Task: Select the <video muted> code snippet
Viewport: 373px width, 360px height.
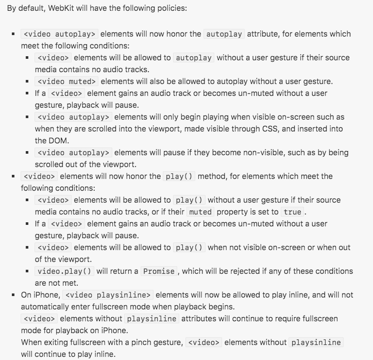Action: [x=66, y=81]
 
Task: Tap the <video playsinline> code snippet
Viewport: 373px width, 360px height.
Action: [x=108, y=295]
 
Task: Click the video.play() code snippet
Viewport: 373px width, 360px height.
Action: [x=64, y=271]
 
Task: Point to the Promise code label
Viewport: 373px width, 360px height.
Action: [x=159, y=271]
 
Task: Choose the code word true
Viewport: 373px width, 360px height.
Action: [x=293, y=212]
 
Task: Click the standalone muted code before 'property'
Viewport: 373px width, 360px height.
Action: [x=200, y=212]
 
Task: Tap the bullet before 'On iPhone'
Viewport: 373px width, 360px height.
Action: [x=13, y=295]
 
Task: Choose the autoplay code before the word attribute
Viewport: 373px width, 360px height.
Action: [x=224, y=34]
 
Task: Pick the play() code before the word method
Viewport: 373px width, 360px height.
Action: [x=179, y=176]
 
